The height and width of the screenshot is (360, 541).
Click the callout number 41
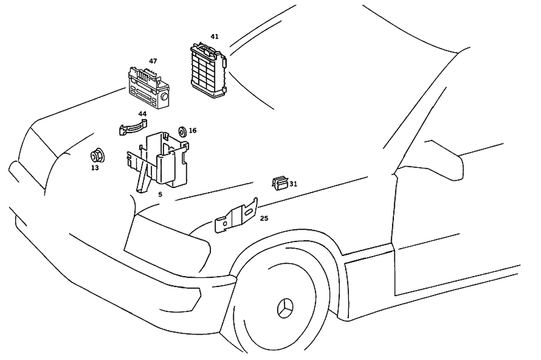215,36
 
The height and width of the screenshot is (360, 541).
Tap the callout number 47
153,61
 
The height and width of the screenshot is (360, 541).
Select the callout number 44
142,114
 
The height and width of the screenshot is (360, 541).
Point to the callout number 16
193,130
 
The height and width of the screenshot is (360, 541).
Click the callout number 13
95,168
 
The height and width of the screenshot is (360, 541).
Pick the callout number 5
160,194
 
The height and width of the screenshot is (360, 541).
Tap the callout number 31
293,184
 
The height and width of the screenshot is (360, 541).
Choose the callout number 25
264,218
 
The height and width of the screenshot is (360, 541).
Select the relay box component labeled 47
147,89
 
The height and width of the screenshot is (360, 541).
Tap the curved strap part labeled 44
132,128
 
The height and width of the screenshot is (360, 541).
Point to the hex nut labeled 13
96,157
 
